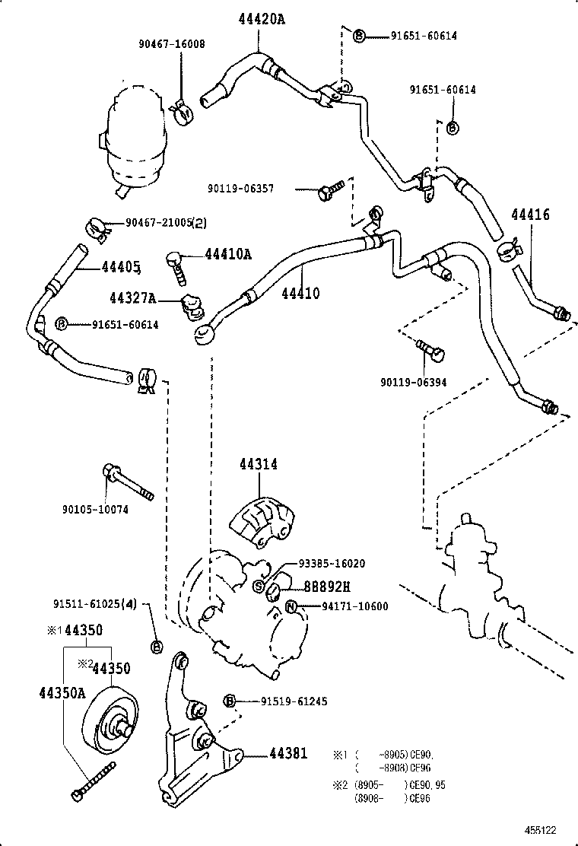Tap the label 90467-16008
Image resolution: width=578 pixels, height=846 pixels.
[173, 45]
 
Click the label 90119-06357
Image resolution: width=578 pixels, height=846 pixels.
[240, 189]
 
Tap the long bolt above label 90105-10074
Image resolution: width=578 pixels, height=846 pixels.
[127, 482]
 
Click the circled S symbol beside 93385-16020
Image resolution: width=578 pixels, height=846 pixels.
[259, 586]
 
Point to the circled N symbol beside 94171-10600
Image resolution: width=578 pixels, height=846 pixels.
[291, 606]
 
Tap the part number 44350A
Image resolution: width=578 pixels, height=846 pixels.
[62, 692]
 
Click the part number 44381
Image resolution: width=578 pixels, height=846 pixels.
[287, 754]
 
